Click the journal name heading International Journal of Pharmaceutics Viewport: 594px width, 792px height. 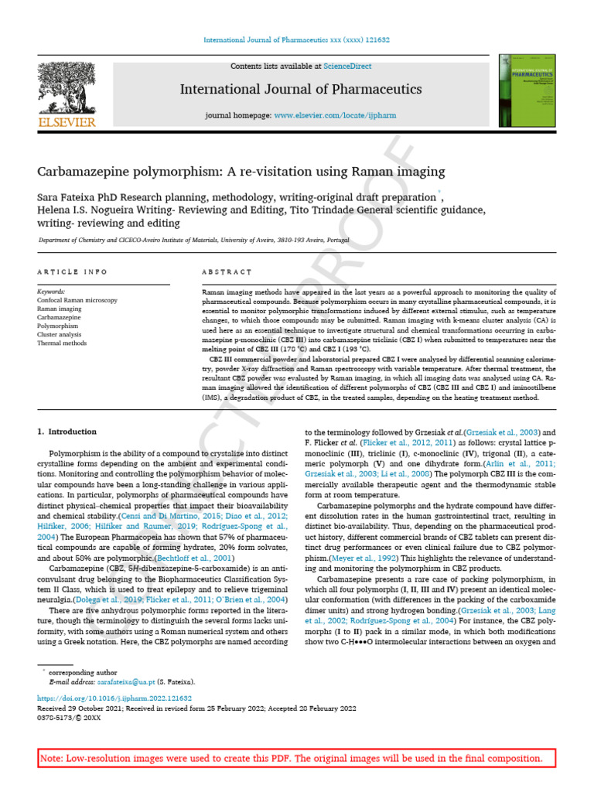point(301,90)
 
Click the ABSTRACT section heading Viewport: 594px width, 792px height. point(227,272)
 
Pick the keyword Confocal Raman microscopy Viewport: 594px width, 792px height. point(77,299)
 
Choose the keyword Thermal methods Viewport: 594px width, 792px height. point(61,342)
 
